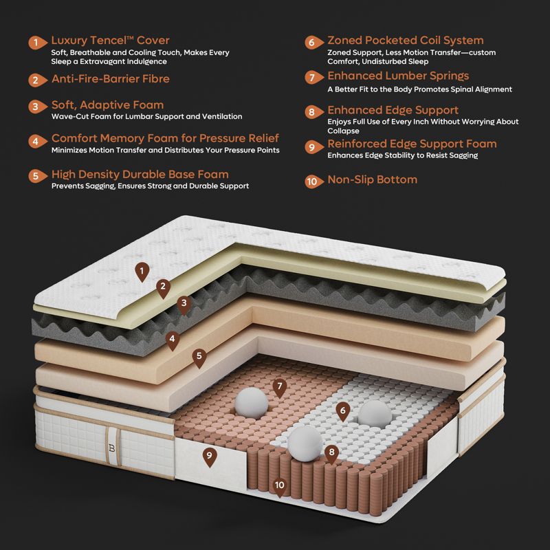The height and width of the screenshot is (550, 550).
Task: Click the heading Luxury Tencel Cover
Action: pos(110,41)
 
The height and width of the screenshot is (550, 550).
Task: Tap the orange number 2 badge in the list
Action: pos(37,80)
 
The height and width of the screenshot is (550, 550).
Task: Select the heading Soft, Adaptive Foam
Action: pos(107,105)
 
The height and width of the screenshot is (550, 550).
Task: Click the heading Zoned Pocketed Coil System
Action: pos(405,41)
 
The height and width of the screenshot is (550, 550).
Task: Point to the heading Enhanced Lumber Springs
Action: pos(398,76)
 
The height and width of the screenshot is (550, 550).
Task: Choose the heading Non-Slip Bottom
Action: pos(372,179)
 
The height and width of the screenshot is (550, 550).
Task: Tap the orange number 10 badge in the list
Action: pos(313,181)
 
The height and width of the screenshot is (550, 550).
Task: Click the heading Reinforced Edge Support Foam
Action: pos(412,144)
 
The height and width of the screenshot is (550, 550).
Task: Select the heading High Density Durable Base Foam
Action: pos(140,175)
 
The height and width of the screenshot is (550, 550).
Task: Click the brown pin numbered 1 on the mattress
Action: pos(142,272)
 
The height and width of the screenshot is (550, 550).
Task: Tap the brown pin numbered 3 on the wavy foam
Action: pos(184,304)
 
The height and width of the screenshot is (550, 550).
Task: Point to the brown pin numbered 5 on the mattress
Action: pos(199,357)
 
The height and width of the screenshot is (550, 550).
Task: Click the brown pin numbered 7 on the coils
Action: pos(280,388)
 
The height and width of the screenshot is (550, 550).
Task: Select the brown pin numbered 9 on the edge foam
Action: pos(210,456)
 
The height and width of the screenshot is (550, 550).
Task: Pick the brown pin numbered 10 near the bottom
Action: pos(280,487)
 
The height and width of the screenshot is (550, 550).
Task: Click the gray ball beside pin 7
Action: pos(251,403)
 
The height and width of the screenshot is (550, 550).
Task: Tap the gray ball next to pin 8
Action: pos(305,443)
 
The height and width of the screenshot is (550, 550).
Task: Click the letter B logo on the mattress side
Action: pos(112,448)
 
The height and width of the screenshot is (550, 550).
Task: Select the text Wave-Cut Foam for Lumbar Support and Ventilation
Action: pos(146,116)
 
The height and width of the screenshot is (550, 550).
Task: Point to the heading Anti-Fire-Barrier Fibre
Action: pos(111,78)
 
